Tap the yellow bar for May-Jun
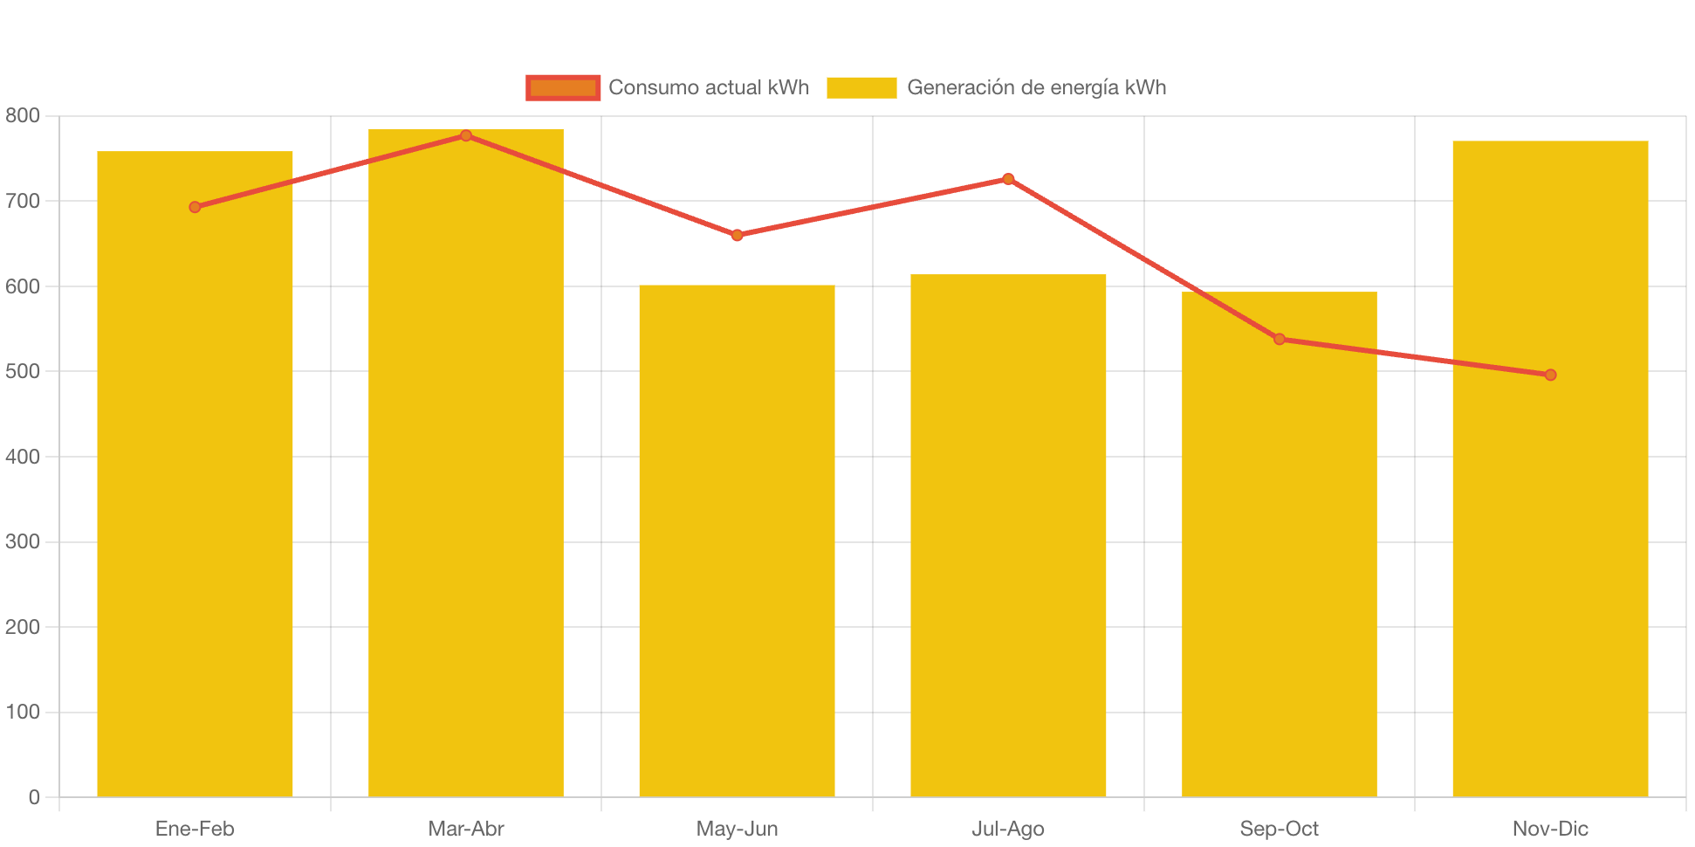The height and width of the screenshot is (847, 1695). (x=737, y=541)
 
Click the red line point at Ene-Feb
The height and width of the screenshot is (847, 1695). (x=195, y=207)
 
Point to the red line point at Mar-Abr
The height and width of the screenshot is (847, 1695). (x=466, y=135)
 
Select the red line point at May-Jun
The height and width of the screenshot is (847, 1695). (x=737, y=235)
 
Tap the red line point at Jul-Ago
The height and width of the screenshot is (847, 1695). (x=1008, y=179)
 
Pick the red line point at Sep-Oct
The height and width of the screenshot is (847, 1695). (x=1280, y=339)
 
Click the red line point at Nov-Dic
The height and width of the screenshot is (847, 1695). (x=1550, y=375)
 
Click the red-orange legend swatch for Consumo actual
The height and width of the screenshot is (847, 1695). (x=563, y=87)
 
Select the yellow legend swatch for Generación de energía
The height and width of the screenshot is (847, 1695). (x=861, y=87)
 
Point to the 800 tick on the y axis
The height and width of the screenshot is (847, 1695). (x=23, y=115)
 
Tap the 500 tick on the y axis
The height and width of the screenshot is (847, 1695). (x=23, y=371)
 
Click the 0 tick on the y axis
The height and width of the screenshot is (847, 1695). (x=34, y=797)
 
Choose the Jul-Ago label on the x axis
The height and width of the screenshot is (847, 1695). (x=1008, y=829)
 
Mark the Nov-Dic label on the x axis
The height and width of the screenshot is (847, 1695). (x=1550, y=829)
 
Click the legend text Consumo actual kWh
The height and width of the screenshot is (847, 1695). (x=709, y=87)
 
